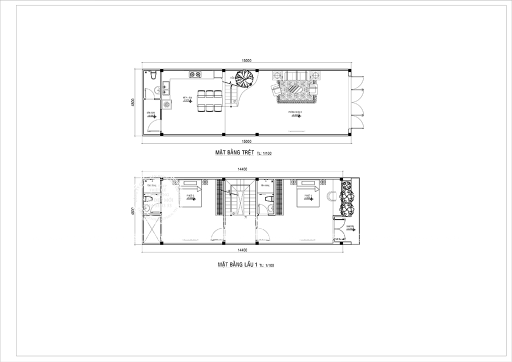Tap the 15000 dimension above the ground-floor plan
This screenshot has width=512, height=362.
coord(246,60)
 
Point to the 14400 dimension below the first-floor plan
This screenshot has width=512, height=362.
coord(242,249)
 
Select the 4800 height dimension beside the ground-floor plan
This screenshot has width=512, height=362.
coord(133,102)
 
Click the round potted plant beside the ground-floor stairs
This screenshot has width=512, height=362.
coord(245,78)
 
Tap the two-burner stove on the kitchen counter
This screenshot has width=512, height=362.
coord(195,75)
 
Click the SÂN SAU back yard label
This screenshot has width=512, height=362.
coord(149,113)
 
